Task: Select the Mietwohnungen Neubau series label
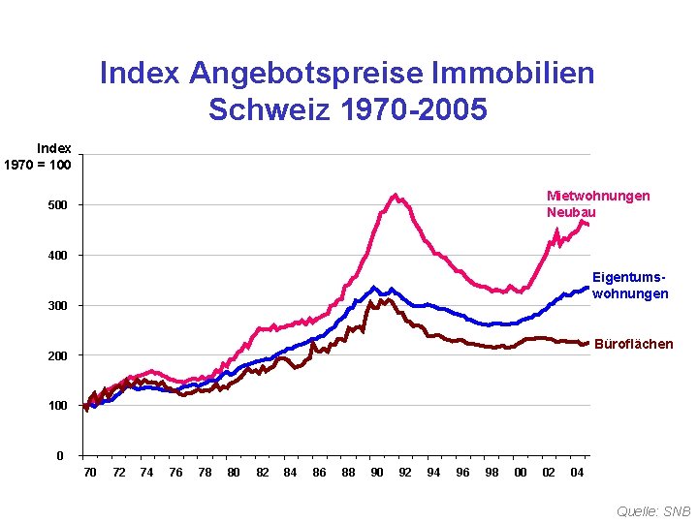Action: click(x=597, y=203)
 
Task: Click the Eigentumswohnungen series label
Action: click(x=630, y=285)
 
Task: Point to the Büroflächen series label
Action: click(x=633, y=344)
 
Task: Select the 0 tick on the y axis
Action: click(x=60, y=456)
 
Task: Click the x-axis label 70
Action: click(x=90, y=473)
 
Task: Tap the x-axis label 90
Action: click(x=377, y=473)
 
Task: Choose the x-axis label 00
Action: click(x=521, y=473)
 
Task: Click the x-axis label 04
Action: click(x=577, y=473)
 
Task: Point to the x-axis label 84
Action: click(x=290, y=473)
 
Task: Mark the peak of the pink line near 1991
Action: click(x=395, y=195)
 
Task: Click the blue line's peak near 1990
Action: click(x=374, y=288)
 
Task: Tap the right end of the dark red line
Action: click(x=587, y=342)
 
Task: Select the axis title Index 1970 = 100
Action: click(x=40, y=156)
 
